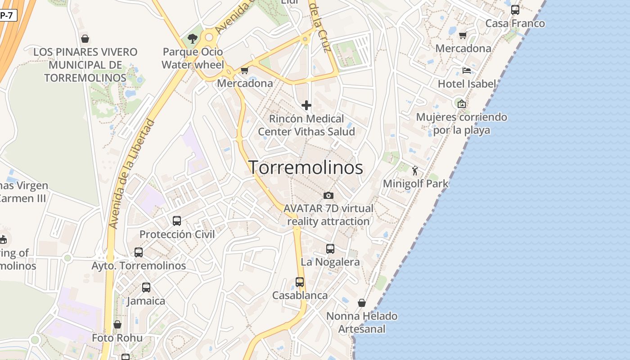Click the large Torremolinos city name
coord(306,167)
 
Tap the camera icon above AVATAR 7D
coord(328,195)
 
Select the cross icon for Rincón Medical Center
coord(306,105)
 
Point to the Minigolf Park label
coord(415,184)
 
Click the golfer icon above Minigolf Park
coord(415,171)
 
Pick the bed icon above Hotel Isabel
coord(467,71)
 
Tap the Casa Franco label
coord(515,23)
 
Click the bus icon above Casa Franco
coord(515,9)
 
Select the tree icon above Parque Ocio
coord(193,39)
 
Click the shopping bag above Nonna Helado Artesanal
coord(362,303)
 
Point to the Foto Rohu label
coord(117,337)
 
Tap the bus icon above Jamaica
coord(146,287)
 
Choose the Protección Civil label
coord(177,234)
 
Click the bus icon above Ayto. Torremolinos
coord(139,252)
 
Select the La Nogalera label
coord(330,262)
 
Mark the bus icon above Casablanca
coord(300,282)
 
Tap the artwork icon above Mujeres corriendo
coord(461,104)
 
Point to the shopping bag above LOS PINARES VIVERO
coord(85,39)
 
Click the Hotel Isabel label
coord(467,84)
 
